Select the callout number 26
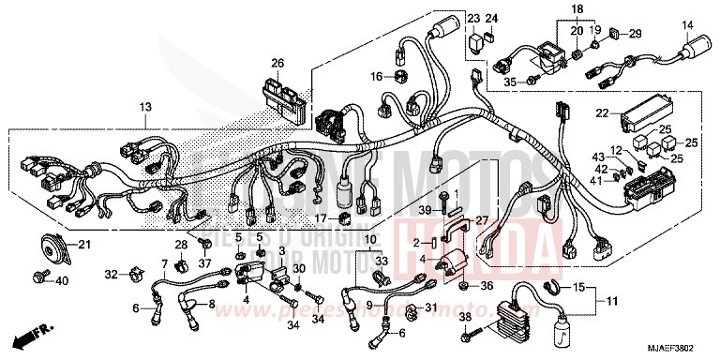pyautogui.click(x=277, y=63)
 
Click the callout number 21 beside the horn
pyautogui.click(x=83, y=246)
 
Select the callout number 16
pyautogui.click(x=376, y=75)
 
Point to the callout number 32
pyautogui.click(x=112, y=276)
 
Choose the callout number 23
pyautogui.click(x=472, y=20)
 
